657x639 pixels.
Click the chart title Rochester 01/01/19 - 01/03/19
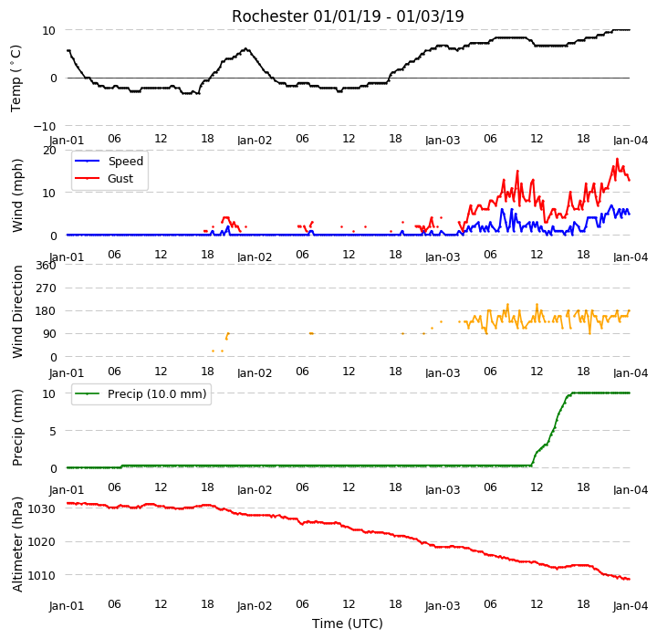[348, 16]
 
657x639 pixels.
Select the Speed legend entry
[109, 161]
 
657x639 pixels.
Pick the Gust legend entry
[104, 179]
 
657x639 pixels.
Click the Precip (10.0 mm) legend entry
[141, 394]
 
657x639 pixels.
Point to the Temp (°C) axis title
[16, 78]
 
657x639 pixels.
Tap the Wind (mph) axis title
[17, 195]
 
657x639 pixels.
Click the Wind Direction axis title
[17, 311]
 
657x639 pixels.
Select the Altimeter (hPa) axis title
[17, 544]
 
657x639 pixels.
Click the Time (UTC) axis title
[348, 623]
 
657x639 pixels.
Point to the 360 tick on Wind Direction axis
[46, 266]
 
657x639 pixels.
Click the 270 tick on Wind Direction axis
[46, 288]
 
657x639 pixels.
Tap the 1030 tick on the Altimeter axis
[41, 509]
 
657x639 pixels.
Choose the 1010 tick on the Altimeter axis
[41, 575]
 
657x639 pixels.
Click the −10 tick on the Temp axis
[45, 126]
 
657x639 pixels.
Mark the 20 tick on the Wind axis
[49, 150]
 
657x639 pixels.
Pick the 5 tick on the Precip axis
[52, 431]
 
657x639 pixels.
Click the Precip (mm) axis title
[17, 428]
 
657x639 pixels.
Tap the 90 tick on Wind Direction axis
[49, 334]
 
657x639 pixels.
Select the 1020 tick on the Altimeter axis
[41, 542]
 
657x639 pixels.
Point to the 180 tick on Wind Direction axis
[46, 311]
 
